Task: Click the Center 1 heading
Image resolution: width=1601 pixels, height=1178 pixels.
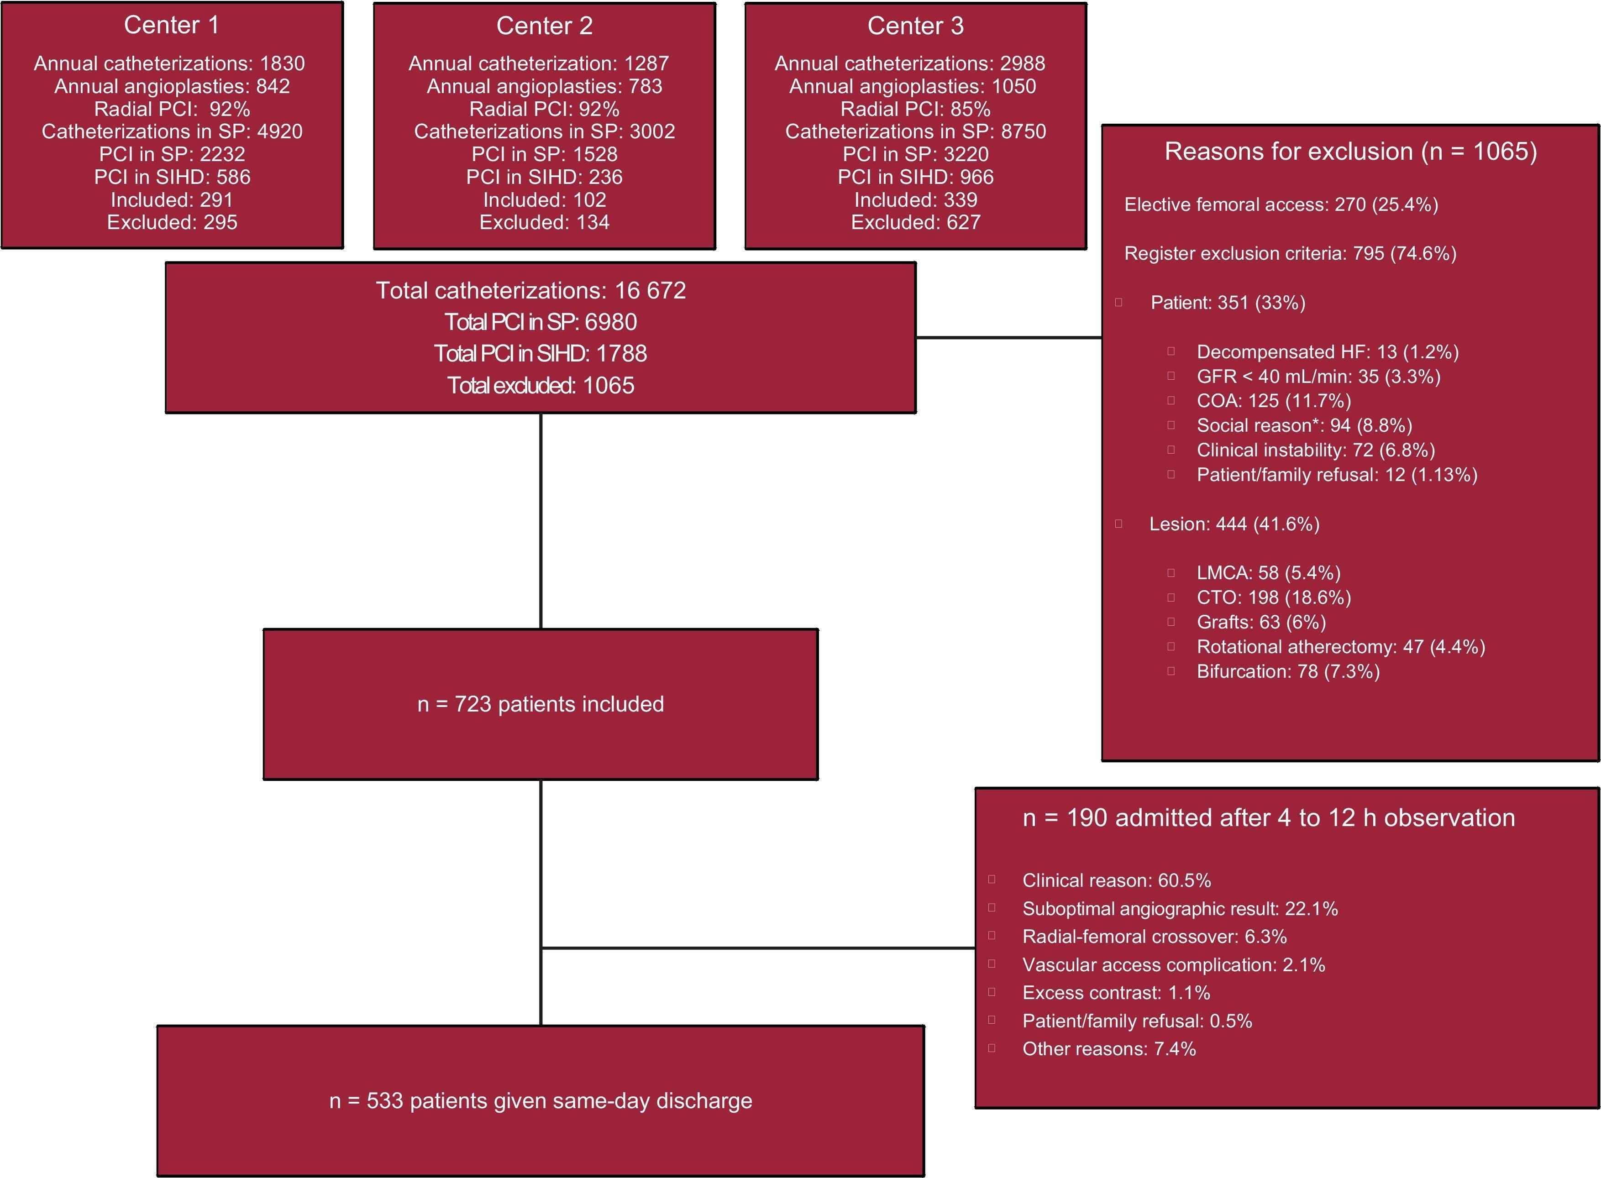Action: pyautogui.click(x=171, y=26)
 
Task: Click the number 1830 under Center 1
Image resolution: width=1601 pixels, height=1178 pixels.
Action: pyautogui.click(x=283, y=63)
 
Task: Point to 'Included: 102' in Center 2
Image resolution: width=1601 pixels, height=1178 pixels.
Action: pyautogui.click(x=544, y=199)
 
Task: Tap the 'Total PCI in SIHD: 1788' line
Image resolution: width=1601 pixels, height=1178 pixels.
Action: pyautogui.click(x=541, y=354)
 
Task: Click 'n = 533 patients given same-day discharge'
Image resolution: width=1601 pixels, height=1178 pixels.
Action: pyautogui.click(x=541, y=1101)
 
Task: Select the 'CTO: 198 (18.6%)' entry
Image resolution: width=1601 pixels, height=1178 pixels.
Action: pyautogui.click(x=1274, y=597)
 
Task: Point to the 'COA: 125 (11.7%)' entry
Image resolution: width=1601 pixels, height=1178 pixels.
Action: pyautogui.click(x=1274, y=401)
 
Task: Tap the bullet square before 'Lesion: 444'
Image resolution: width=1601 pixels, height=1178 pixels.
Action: pyautogui.click(x=1119, y=524)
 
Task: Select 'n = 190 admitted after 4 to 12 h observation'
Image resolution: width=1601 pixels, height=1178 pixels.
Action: pyautogui.click(x=1269, y=818)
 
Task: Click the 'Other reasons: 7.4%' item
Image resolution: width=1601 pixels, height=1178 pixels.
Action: pyautogui.click(x=1109, y=1049)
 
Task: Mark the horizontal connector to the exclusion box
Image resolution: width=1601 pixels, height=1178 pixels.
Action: pyautogui.click(x=1008, y=338)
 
